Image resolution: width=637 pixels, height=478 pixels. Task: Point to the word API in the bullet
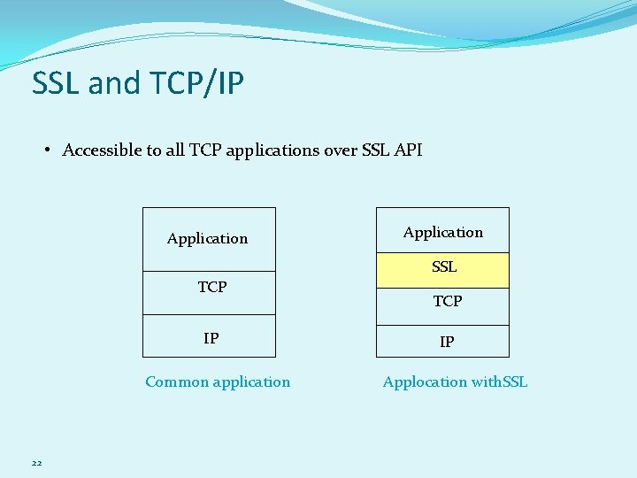point(408,150)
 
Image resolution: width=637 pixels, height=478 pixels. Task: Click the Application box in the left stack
point(209,239)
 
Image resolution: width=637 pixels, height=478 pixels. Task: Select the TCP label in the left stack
point(212,287)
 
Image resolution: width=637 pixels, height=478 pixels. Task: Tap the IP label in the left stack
point(211,338)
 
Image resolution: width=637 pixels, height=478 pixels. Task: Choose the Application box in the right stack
point(442,232)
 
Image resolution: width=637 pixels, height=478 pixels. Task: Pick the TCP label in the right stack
point(447,301)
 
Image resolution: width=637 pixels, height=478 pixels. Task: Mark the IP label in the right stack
point(447,342)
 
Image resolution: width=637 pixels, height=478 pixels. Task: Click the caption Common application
point(218,382)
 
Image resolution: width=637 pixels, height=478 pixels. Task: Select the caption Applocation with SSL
point(455,382)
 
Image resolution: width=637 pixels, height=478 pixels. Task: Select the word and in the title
point(114,83)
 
